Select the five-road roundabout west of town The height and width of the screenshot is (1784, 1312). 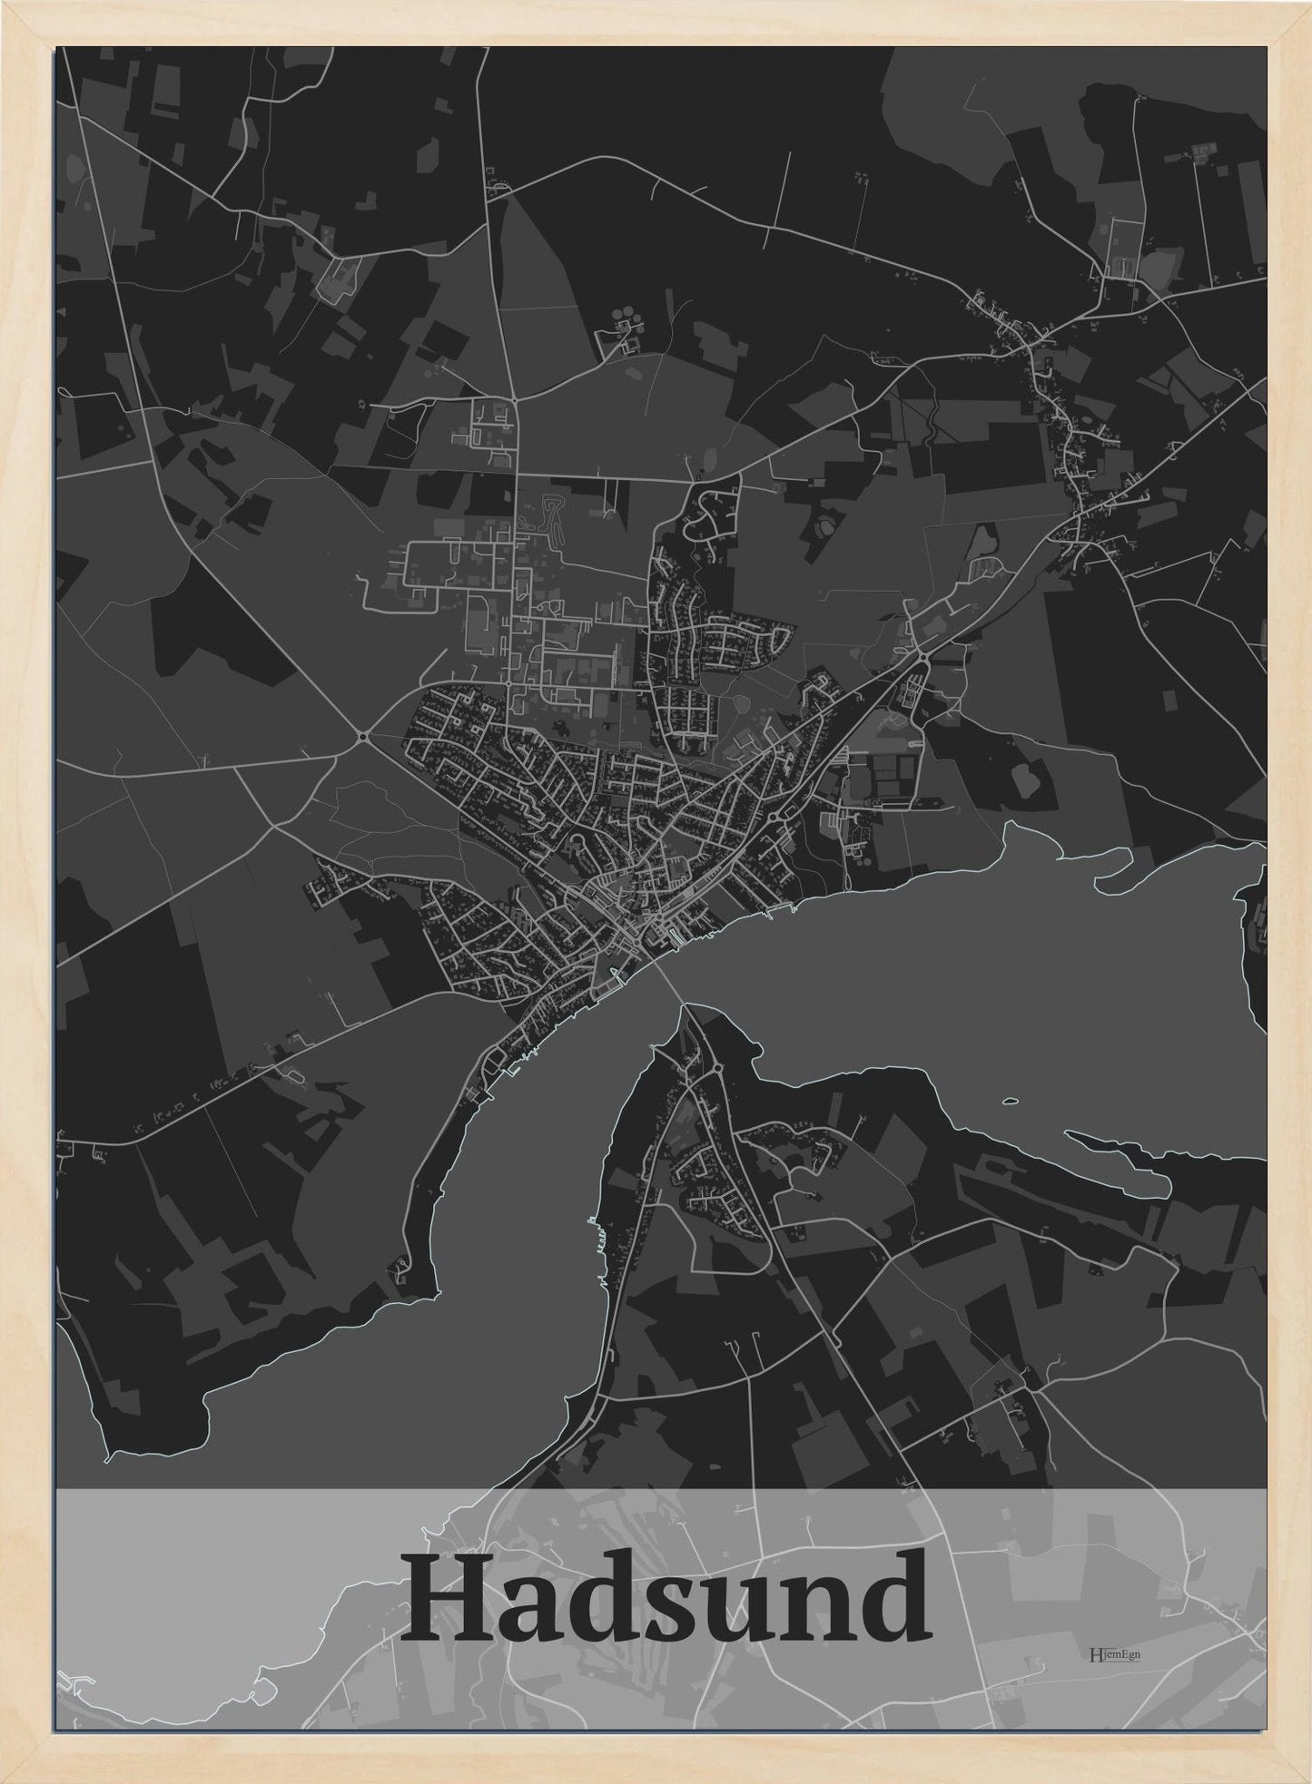pyautogui.click(x=362, y=735)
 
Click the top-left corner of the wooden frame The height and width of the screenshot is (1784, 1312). pyautogui.click(x=4, y=4)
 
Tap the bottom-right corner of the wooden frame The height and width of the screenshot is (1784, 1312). pyautogui.click(x=1307, y=1779)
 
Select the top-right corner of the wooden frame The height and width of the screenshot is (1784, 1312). pyautogui.click(x=1307, y=4)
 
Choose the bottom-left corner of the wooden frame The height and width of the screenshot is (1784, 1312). pyautogui.click(x=4, y=1779)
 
